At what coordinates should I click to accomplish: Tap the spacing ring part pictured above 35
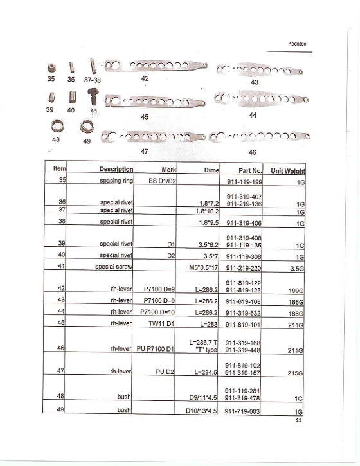tap(51, 67)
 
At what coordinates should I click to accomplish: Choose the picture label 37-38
tap(93, 81)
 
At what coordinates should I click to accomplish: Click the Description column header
tap(116, 169)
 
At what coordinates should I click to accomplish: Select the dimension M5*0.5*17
tap(201, 266)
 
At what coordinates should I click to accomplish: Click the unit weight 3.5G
tap(297, 266)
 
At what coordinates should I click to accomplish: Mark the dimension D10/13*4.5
tap(200, 411)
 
